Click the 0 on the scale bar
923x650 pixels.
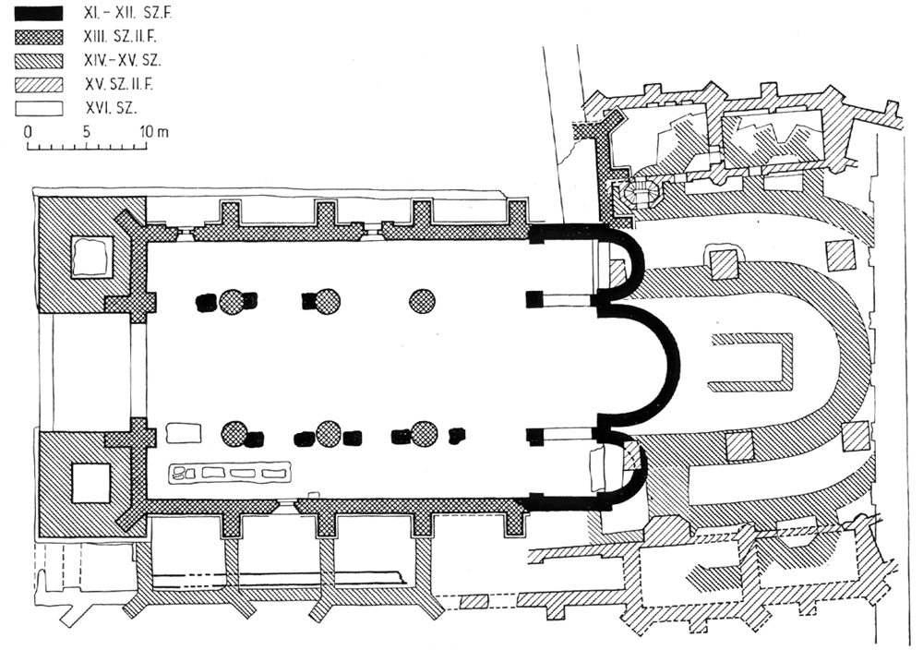pos(28,131)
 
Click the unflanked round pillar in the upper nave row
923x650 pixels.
pos(423,300)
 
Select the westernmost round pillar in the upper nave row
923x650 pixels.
pos(233,301)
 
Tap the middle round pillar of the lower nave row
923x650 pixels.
pos(329,433)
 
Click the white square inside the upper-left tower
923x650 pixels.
pos(90,257)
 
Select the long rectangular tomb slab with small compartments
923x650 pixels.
pos(228,473)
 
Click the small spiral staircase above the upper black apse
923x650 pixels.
pos(641,193)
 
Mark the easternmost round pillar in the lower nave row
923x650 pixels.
pos(424,433)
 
